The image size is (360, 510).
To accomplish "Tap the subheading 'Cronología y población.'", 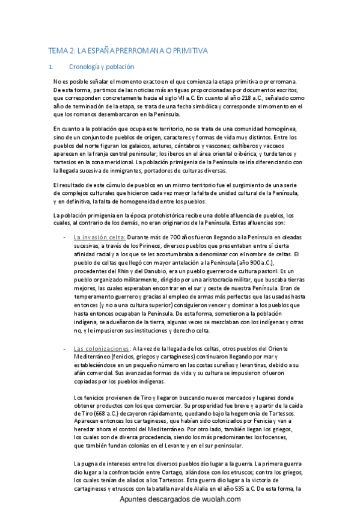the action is [x=102, y=67].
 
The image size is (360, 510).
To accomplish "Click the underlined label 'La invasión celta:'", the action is [x=99, y=238].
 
